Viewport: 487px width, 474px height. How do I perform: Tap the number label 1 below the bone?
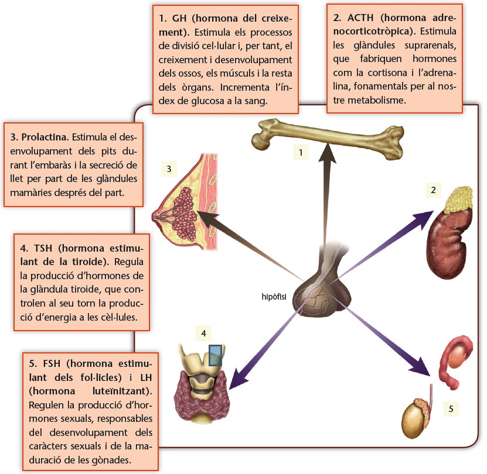pos(301,153)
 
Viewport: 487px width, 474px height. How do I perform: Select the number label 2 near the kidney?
pos(432,190)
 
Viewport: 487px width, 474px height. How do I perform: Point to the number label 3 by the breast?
pos(169,170)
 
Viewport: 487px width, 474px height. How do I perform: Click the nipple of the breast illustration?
pos(155,216)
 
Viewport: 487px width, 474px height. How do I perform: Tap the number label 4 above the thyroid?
pos(203,334)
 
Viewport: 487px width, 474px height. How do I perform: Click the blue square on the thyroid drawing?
pos(216,355)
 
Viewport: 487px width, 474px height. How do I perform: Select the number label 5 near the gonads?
pos(450,408)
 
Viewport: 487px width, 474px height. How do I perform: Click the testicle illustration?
pos(415,417)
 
